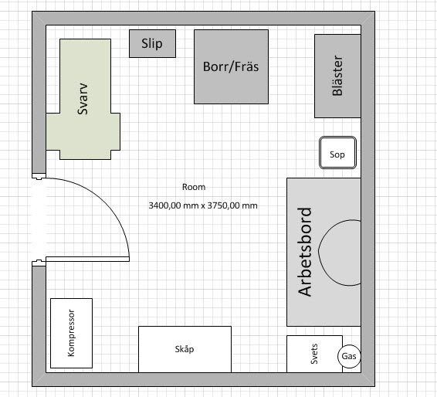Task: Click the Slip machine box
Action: click(x=152, y=44)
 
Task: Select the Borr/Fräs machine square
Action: click(x=231, y=66)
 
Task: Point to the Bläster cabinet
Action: click(x=337, y=76)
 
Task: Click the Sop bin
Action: click(x=337, y=152)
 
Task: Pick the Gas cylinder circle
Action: click(x=349, y=356)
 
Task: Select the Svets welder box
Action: click(x=314, y=354)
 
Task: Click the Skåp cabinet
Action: click(x=185, y=349)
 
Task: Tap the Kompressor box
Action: click(x=71, y=333)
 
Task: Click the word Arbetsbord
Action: click(x=304, y=252)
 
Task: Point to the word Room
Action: click(x=194, y=187)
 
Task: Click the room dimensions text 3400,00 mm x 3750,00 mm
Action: click(x=203, y=205)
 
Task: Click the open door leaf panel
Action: click(x=87, y=260)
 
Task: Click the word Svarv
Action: click(x=83, y=99)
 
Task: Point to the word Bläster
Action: click(x=337, y=76)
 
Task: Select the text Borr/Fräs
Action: click(x=231, y=66)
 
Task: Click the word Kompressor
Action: click(x=71, y=333)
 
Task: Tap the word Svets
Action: click(x=314, y=354)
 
